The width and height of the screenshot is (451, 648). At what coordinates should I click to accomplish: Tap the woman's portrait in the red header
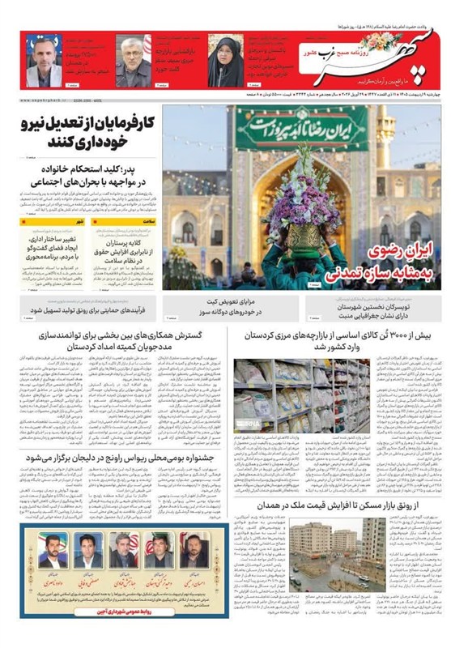(219, 60)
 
